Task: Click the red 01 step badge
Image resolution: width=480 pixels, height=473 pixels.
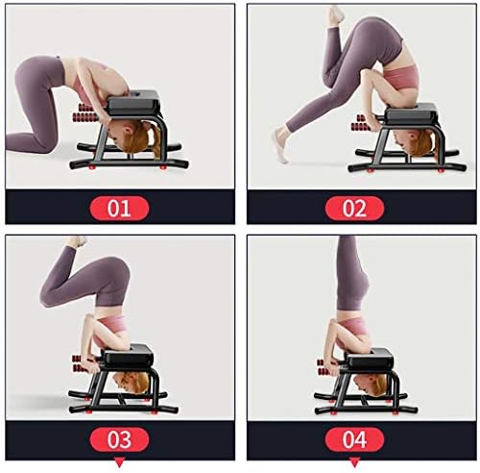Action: pyautogui.click(x=119, y=209)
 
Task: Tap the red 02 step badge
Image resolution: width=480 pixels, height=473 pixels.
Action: pyautogui.click(x=354, y=209)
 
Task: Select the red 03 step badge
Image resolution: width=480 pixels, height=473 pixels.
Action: pyautogui.click(x=119, y=439)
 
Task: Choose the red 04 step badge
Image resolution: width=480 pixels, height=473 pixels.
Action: pyautogui.click(x=354, y=439)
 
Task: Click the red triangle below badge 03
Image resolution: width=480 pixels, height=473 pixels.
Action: pyautogui.click(x=120, y=462)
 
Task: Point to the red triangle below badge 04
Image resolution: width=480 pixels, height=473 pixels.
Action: pyautogui.click(x=354, y=462)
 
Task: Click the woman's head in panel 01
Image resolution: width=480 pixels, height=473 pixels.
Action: pyautogui.click(x=134, y=137)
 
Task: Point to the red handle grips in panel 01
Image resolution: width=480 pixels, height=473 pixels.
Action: pyautogui.click(x=84, y=112)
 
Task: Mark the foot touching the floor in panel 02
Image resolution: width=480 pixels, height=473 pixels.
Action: pyautogui.click(x=279, y=146)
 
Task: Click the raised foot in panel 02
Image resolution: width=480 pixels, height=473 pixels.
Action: pyautogui.click(x=335, y=15)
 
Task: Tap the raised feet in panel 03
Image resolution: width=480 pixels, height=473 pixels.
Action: pyautogui.click(x=77, y=241)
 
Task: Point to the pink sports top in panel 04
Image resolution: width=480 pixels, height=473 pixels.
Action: pyautogui.click(x=353, y=329)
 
